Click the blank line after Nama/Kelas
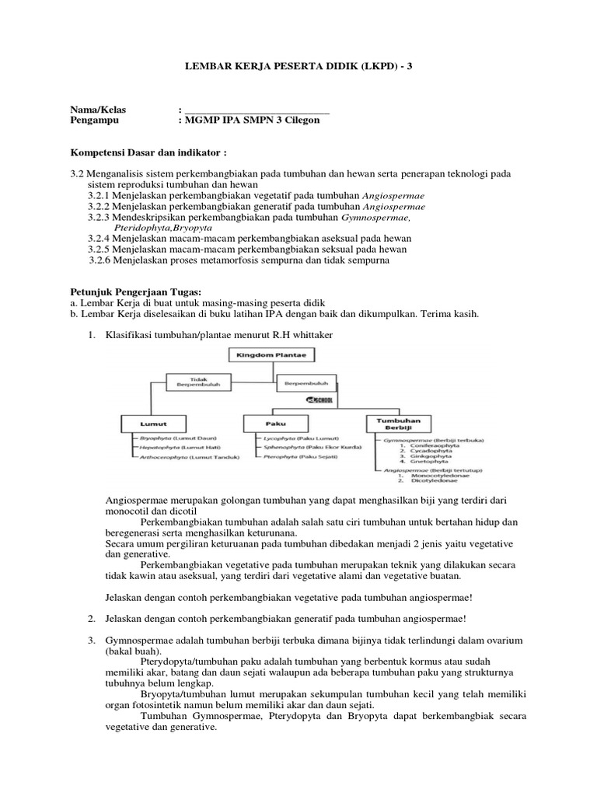256,110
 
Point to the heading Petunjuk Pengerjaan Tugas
124,291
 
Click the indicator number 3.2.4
99,238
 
